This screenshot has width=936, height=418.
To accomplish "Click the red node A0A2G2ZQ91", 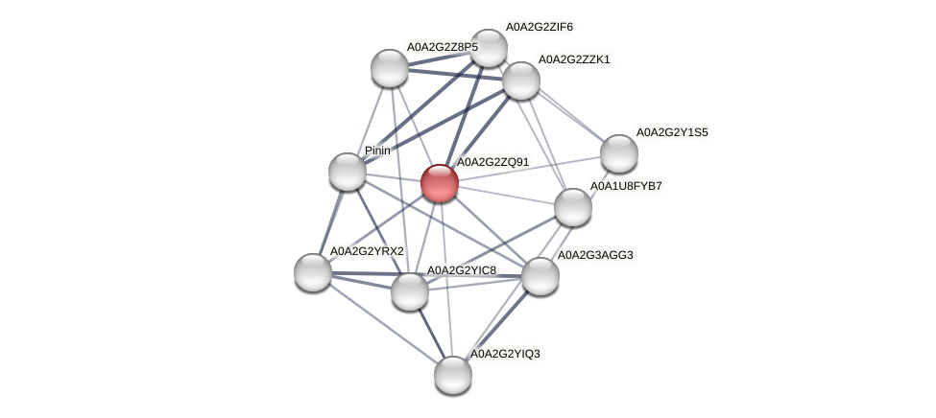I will [440, 183].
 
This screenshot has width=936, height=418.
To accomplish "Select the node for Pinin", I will [348, 172].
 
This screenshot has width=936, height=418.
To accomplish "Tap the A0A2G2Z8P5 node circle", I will [390, 67].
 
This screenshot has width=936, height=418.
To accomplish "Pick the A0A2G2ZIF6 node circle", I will [488, 48].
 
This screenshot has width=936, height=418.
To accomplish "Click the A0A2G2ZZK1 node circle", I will [521, 81].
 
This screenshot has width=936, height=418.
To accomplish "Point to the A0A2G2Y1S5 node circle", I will [619, 153].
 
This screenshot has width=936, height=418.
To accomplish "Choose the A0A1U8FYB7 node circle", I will [573, 207].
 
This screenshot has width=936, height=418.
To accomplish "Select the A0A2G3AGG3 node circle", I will [540, 276].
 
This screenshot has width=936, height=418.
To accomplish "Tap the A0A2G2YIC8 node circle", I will [410, 291].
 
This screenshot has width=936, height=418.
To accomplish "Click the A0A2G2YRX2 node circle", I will [313, 271].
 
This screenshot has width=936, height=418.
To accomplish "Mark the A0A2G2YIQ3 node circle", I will [453, 374].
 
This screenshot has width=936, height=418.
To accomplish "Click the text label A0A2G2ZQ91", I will [492, 162].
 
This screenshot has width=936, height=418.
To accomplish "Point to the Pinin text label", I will [377, 151].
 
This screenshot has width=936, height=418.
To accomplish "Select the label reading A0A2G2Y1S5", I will [671, 132].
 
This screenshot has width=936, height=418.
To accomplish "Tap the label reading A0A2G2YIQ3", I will [504, 355].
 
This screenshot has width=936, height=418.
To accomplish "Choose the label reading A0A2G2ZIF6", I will [539, 27].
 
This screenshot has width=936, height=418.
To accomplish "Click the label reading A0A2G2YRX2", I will [367, 251].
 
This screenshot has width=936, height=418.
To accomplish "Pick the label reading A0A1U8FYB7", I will [626, 186].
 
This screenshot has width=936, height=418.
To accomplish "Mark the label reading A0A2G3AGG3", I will [595, 255].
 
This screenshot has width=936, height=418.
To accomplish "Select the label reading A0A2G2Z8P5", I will [442, 46].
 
